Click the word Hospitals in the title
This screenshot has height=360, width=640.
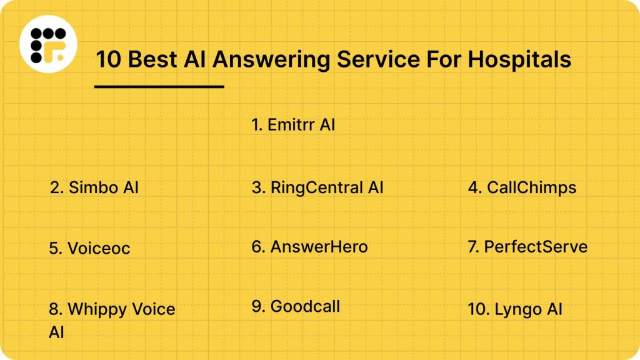519,59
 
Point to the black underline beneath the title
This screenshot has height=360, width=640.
159,87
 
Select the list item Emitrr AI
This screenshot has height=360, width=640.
293,124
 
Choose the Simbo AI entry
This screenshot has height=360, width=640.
94,187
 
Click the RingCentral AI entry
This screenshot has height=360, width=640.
317,187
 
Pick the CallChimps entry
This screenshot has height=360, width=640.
522,187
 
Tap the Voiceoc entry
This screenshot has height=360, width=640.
89,248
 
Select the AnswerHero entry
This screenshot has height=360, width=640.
309,247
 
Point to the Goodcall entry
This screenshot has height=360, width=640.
296,307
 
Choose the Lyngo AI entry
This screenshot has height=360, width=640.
515,309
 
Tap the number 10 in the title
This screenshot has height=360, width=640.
106,59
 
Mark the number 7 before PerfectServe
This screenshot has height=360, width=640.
472,247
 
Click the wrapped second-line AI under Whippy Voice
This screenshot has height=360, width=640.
56,331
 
